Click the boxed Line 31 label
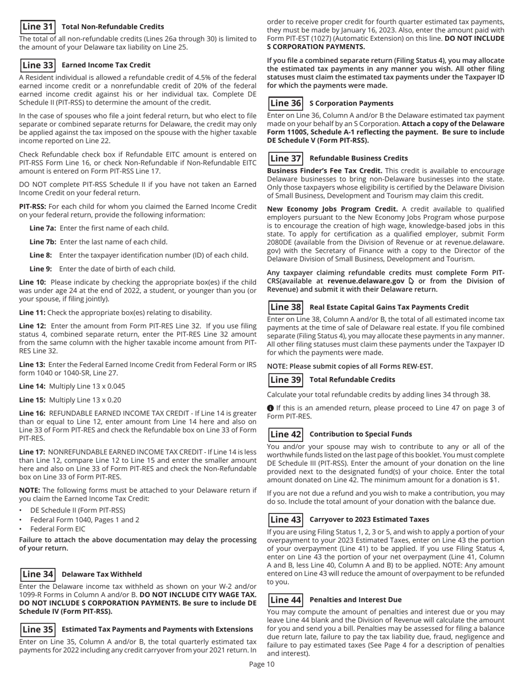pos(38,26)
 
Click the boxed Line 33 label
pos(38,64)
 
